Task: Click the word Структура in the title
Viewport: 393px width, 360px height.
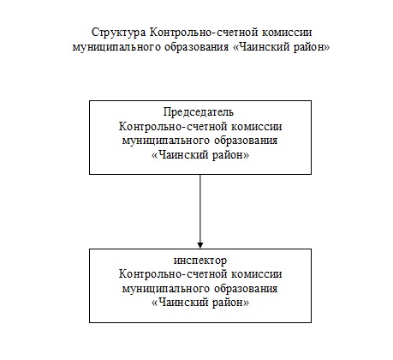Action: coord(118,33)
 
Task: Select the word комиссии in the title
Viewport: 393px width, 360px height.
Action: coord(287,33)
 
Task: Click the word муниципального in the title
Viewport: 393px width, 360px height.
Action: coord(116,47)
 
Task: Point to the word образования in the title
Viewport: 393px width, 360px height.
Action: coord(196,46)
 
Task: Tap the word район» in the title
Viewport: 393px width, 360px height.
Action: coord(313,47)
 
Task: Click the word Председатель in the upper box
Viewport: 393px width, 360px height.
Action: coord(199,112)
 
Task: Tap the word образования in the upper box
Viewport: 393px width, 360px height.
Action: coord(246,141)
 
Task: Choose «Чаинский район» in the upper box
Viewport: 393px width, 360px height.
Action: coord(200,155)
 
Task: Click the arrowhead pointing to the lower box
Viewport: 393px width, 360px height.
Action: coord(200,245)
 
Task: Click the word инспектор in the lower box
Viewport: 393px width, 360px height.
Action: coord(200,261)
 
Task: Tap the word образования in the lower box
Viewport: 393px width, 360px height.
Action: coord(246,288)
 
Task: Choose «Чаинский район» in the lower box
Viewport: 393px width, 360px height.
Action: coord(200,303)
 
